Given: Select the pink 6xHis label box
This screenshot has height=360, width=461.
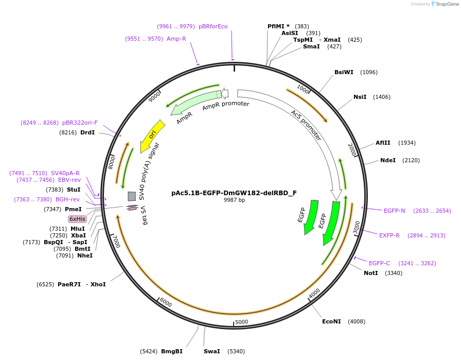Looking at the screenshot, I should (x=78, y=219).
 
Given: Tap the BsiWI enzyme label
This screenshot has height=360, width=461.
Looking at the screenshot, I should (x=344, y=72).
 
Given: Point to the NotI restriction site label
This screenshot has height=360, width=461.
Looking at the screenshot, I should (x=370, y=273).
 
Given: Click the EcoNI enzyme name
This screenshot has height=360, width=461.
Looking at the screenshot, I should (x=331, y=321).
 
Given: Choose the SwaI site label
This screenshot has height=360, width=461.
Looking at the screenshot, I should (x=211, y=351).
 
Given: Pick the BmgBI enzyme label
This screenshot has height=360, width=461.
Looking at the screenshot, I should (x=172, y=351).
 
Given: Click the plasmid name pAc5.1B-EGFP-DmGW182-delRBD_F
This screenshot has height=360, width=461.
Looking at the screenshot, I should (x=234, y=193).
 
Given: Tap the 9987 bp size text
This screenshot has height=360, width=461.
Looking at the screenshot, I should (x=234, y=200).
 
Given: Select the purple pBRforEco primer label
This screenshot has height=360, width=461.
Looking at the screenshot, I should (x=213, y=26).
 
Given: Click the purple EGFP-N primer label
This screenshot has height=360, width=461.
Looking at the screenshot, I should (x=394, y=211).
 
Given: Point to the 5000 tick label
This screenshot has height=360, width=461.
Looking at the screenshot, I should (x=241, y=322).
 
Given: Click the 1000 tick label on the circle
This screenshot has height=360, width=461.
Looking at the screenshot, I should (x=303, y=90).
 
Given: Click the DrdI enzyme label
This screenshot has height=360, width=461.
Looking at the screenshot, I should (x=87, y=132).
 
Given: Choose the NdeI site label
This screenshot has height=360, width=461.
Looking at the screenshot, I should (x=388, y=160).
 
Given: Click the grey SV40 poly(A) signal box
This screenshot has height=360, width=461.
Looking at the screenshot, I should (x=132, y=196).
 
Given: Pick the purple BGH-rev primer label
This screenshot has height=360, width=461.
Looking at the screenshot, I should (x=67, y=199).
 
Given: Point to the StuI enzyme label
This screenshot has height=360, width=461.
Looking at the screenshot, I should (x=74, y=190).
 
